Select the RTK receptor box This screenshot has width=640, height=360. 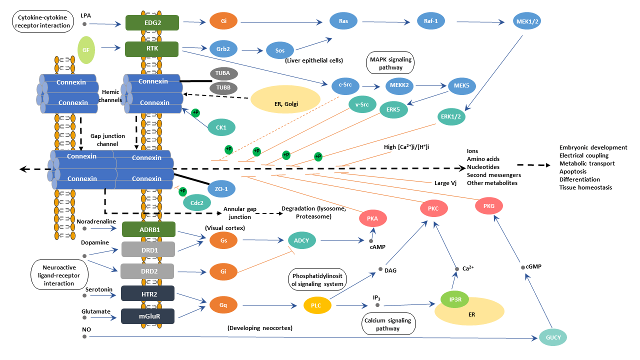click(152, 49)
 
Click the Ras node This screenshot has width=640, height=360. click(343, 21)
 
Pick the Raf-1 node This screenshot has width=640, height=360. click(430, 21)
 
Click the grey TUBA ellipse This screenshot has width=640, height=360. click(223, 73)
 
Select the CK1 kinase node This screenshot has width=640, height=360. click(221, 127)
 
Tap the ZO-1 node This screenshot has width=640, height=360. click(221, 188)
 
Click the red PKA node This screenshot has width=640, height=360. click(372, 218)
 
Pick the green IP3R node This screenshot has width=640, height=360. click(455, 299)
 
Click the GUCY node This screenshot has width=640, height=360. click(553, 337)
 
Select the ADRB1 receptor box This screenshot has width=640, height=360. click(148, 229)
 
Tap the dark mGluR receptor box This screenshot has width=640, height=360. click(147, 316)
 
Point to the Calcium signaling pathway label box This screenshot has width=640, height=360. click(388, 324)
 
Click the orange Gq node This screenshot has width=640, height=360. click(223, 304)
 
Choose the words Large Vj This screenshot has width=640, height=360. click(445, 183)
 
